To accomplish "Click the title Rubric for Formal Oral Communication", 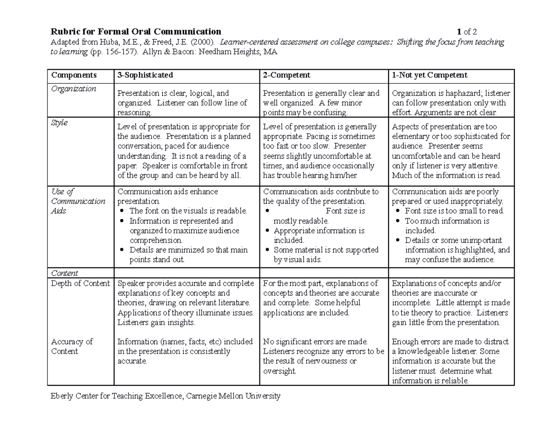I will tap(136, 32).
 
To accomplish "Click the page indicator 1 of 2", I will tap(467, 32).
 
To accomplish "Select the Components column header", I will tap(74, 75).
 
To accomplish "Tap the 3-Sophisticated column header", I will tap(145, 75).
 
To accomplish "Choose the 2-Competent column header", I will tap(287, 75).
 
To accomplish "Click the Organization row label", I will tap(73, 89).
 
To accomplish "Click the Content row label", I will tap(64, 273).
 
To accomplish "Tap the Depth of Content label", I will tap(80, 284).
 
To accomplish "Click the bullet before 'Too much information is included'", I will tap(398, 221).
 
